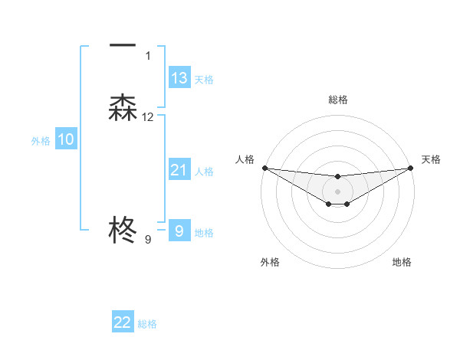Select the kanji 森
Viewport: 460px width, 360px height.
tap(123, 108)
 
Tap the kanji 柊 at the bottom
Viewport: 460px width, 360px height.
tap(123, 229)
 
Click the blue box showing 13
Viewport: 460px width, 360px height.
tap(179, 78)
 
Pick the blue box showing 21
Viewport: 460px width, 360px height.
tap(179, 170)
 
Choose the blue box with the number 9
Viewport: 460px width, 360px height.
tap(179, 231)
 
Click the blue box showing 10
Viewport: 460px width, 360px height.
tap(66, 139)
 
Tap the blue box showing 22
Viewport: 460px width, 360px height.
tap(123, 322)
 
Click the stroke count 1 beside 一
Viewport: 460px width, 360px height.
tap(148, 56)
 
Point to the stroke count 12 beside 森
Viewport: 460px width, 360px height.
tap(148, 117)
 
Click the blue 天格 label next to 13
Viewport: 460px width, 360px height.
tap(204, 80)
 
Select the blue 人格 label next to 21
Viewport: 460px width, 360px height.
tap(205, 172)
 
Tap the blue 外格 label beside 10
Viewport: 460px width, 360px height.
tap(41, 141)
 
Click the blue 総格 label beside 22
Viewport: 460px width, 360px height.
tap(147, 324)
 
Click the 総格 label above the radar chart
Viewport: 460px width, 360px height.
tap(338, 100)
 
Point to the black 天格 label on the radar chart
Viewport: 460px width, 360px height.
tap(432, 159)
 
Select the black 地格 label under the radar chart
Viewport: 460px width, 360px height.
tap(402, 262)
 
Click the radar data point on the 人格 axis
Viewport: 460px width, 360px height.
tap(264, 168)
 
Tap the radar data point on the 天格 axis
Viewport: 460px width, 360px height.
tap(411, 168)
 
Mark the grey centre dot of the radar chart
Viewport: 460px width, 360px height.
tap(337, 191)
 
